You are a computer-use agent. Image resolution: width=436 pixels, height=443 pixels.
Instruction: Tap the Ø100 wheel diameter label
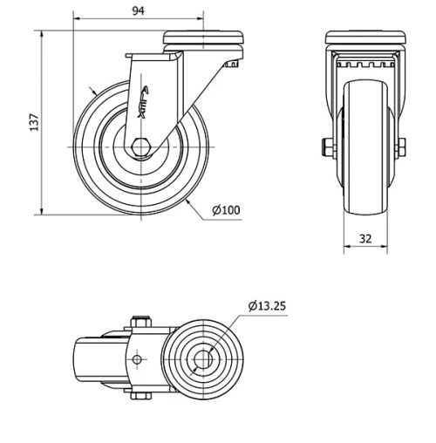pos(227,210)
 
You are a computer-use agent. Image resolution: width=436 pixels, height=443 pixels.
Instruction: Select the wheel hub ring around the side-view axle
pos(140,161)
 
